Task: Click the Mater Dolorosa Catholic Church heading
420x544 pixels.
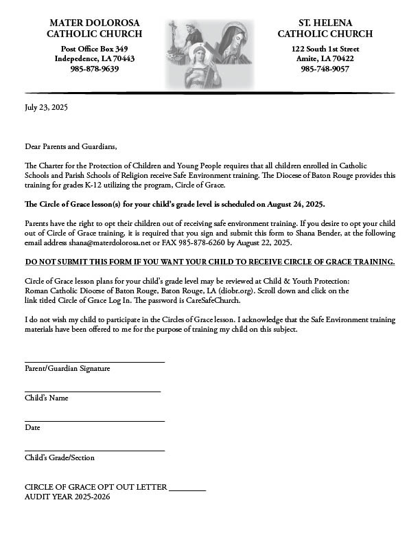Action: (95, 28)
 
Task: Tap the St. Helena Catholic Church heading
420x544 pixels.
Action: (325, 28)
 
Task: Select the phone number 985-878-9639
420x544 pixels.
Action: (95, 69)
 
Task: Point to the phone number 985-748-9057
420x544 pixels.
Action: (325, 69)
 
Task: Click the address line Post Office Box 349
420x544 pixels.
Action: (95, 49)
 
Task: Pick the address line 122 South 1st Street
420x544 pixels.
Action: (325, 49)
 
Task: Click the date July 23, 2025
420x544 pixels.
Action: (47, 107)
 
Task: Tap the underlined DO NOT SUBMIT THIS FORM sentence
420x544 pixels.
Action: (210, 262)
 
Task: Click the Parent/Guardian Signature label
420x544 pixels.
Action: (67, 369)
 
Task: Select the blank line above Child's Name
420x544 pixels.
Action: (93, 391)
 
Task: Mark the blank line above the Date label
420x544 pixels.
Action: (95, 420)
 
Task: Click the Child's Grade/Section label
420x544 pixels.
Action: (60, 457)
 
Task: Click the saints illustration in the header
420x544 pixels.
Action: (210, 54)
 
